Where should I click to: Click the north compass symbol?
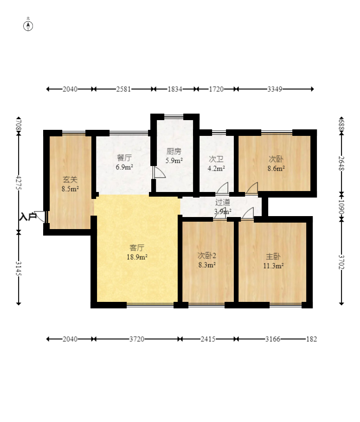coord(28,26)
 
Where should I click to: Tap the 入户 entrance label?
coord(28,217)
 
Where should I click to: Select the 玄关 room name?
coord(70,179)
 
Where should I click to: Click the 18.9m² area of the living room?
coord(137,257)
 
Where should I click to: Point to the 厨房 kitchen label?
coord(174,152)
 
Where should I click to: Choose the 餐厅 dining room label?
coord(124,158)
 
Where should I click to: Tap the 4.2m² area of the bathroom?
coord(216,168)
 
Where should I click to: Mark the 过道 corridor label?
coord(222,202)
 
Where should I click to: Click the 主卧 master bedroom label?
coord(273,256)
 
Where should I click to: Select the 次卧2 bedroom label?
coord(207,256)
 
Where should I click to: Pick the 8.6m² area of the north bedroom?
coord(276,169)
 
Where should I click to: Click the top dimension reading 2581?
coord(123,89)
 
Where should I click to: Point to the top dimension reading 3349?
coord(275,89)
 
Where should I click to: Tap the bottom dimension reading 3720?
coord(137,339)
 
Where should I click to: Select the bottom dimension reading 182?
coord(312,339)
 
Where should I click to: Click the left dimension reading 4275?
coord(19,182)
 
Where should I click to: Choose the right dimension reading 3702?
coord(341,262)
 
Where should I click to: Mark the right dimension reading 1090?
coord(341,207)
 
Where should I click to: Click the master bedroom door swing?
coord(248,213)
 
